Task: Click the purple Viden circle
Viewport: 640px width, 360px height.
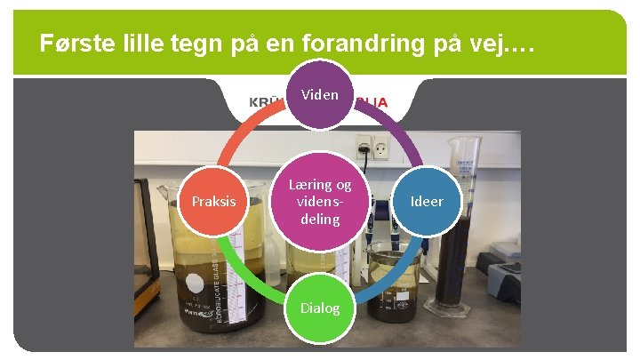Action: coord(320,94)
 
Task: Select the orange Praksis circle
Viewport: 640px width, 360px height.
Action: coord(214,201)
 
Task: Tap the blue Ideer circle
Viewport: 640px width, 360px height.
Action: coord(426,201)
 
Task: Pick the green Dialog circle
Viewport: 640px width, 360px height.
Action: coord(320,308)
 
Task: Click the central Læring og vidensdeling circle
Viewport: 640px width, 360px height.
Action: coord(320,201)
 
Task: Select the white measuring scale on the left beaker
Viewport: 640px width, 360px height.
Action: coord(234,267)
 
